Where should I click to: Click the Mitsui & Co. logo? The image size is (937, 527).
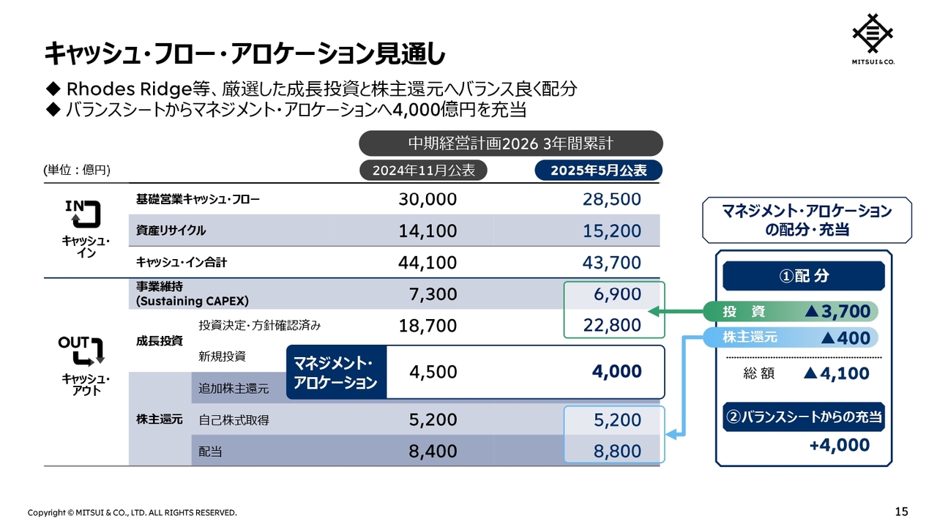(873, 39)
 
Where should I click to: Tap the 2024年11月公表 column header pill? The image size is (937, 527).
(423, 171)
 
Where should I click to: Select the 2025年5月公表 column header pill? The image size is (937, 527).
(599, 171)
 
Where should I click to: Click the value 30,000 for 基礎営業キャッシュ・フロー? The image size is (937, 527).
(428, 199)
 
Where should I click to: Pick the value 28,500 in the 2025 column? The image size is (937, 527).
(611, 199)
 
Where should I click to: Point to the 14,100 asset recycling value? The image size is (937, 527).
(428, 231)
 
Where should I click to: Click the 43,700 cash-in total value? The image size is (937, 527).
(611, 263)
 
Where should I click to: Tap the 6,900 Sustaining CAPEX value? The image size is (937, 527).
(617, 294)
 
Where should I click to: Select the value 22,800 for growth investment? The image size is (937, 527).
(611, 325)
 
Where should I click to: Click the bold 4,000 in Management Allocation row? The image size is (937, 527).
(616, 371)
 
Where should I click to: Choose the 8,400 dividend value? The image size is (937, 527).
(433, 452)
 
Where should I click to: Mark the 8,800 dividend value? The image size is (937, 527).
(617, 452)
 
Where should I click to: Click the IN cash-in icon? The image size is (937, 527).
(83, 214)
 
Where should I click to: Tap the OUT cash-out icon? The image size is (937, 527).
(81, 351)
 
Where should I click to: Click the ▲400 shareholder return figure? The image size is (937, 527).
(845, 338)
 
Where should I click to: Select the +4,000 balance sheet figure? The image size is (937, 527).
(840, 445)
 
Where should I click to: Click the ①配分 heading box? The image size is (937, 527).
(804, 276)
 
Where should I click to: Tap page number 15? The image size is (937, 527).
(901, 512)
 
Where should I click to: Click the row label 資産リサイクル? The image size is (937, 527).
(171, 231)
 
